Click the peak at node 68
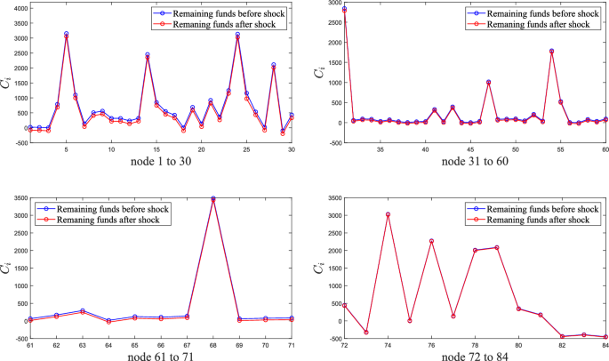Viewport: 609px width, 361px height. coord(212,199)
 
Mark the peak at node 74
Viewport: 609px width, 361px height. coord(388,214)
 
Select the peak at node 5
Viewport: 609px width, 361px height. coord(66,35)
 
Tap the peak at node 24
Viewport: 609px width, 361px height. coord(237,35)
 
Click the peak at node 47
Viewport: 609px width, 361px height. coord(488,82)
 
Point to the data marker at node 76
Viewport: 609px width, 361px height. coord(431,241)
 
